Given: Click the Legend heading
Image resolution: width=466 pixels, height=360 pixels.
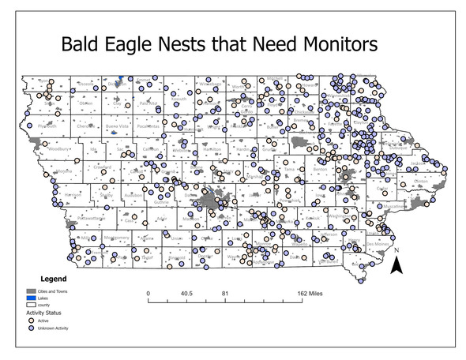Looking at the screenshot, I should [x=49, y=279].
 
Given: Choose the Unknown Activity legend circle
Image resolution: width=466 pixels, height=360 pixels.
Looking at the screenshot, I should [x=31, y=330].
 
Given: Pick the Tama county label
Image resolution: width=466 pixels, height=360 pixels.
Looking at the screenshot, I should [x=290, y=169].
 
